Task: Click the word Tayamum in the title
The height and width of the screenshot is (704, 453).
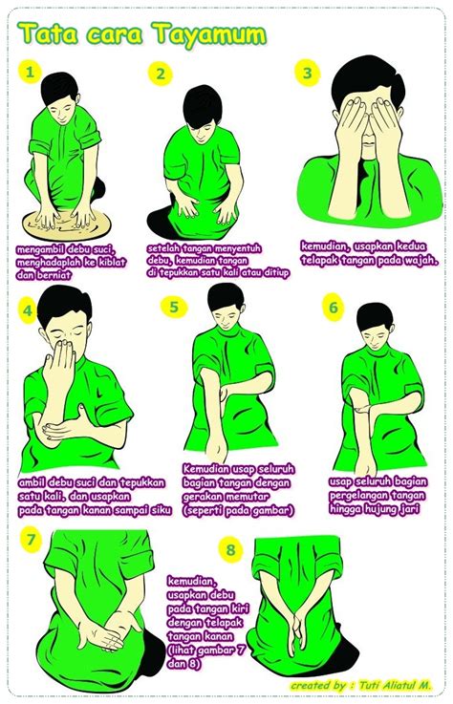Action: pyautogui.click(x=210, y=35)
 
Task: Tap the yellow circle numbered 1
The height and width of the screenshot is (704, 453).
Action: pyautogui.click(x=31, y=73)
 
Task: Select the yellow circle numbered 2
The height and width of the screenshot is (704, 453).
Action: pyautogui.click(x=161, y=74)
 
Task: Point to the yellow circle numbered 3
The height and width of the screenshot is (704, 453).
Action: pyautogui.click(x=308, y=74)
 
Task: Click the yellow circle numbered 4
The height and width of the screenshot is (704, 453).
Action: pyautogui.click(x=29, y=310)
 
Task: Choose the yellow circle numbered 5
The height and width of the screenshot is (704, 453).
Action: pyautogui.click(x=174, y=307)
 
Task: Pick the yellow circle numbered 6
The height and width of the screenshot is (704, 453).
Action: pyautogui.click(x=333, y=308)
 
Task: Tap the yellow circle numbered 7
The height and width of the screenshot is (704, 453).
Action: pyautogui.click(x=31, y=540)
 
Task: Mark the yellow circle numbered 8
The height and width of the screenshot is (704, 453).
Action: pyautogui.click(x=230, y=550)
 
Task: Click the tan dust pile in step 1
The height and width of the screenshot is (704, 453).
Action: pyautogui.click(x=67, y=224)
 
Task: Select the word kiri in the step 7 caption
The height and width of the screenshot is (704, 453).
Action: pyautogui.click(x=238, y=609)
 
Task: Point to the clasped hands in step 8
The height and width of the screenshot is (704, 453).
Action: pyautogui.click(x=298, y=627)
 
